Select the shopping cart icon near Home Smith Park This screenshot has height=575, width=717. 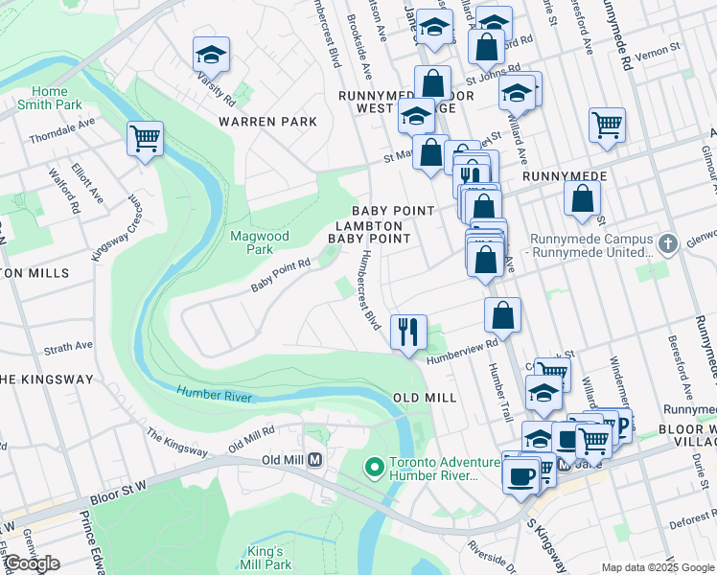[145, 139]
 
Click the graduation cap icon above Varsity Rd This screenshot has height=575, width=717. [211, 54]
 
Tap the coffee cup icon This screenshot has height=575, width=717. [520, 474]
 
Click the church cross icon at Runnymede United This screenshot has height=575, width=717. [669, 243]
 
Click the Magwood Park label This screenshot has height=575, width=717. [252, 242]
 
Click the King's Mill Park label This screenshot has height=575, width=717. [266, 557]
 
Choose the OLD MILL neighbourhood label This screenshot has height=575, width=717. [424, 397]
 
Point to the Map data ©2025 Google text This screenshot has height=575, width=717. [657, 567]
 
